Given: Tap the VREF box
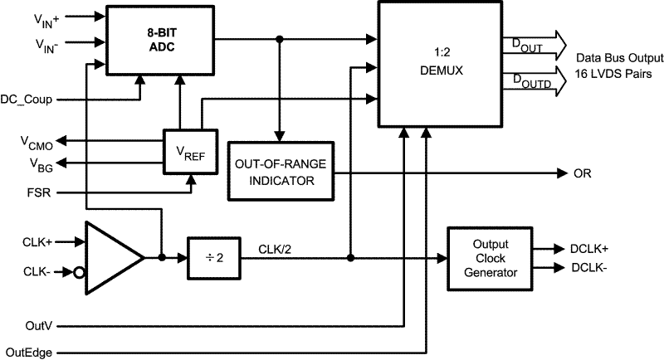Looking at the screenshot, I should tap(189, 152).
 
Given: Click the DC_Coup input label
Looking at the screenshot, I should tap(30, 100).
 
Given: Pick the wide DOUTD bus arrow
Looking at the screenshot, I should tap(539, 81).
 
